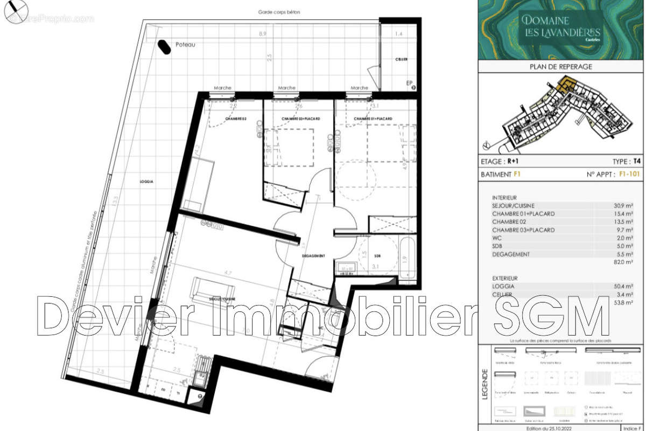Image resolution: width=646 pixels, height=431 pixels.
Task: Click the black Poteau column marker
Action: point(162,47)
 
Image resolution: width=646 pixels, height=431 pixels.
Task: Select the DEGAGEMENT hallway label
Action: point(313,256)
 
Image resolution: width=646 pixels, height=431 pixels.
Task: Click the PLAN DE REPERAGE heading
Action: point(561,67)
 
